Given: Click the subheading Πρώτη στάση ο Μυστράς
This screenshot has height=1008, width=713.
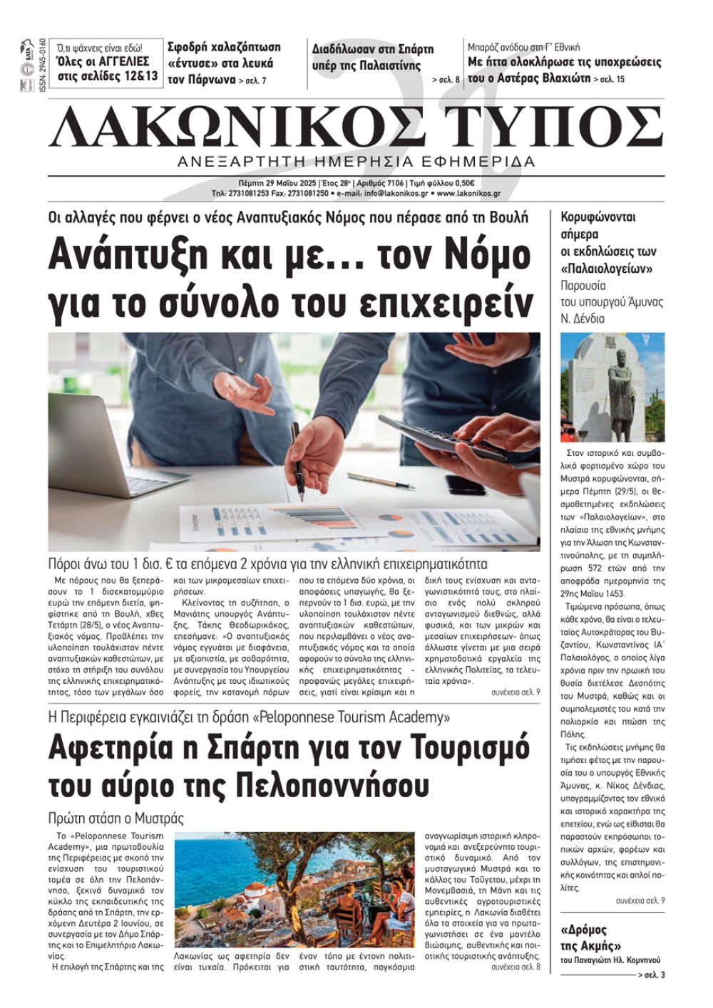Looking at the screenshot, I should (116, 818).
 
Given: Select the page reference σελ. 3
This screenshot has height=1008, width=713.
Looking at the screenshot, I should (654, 975).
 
